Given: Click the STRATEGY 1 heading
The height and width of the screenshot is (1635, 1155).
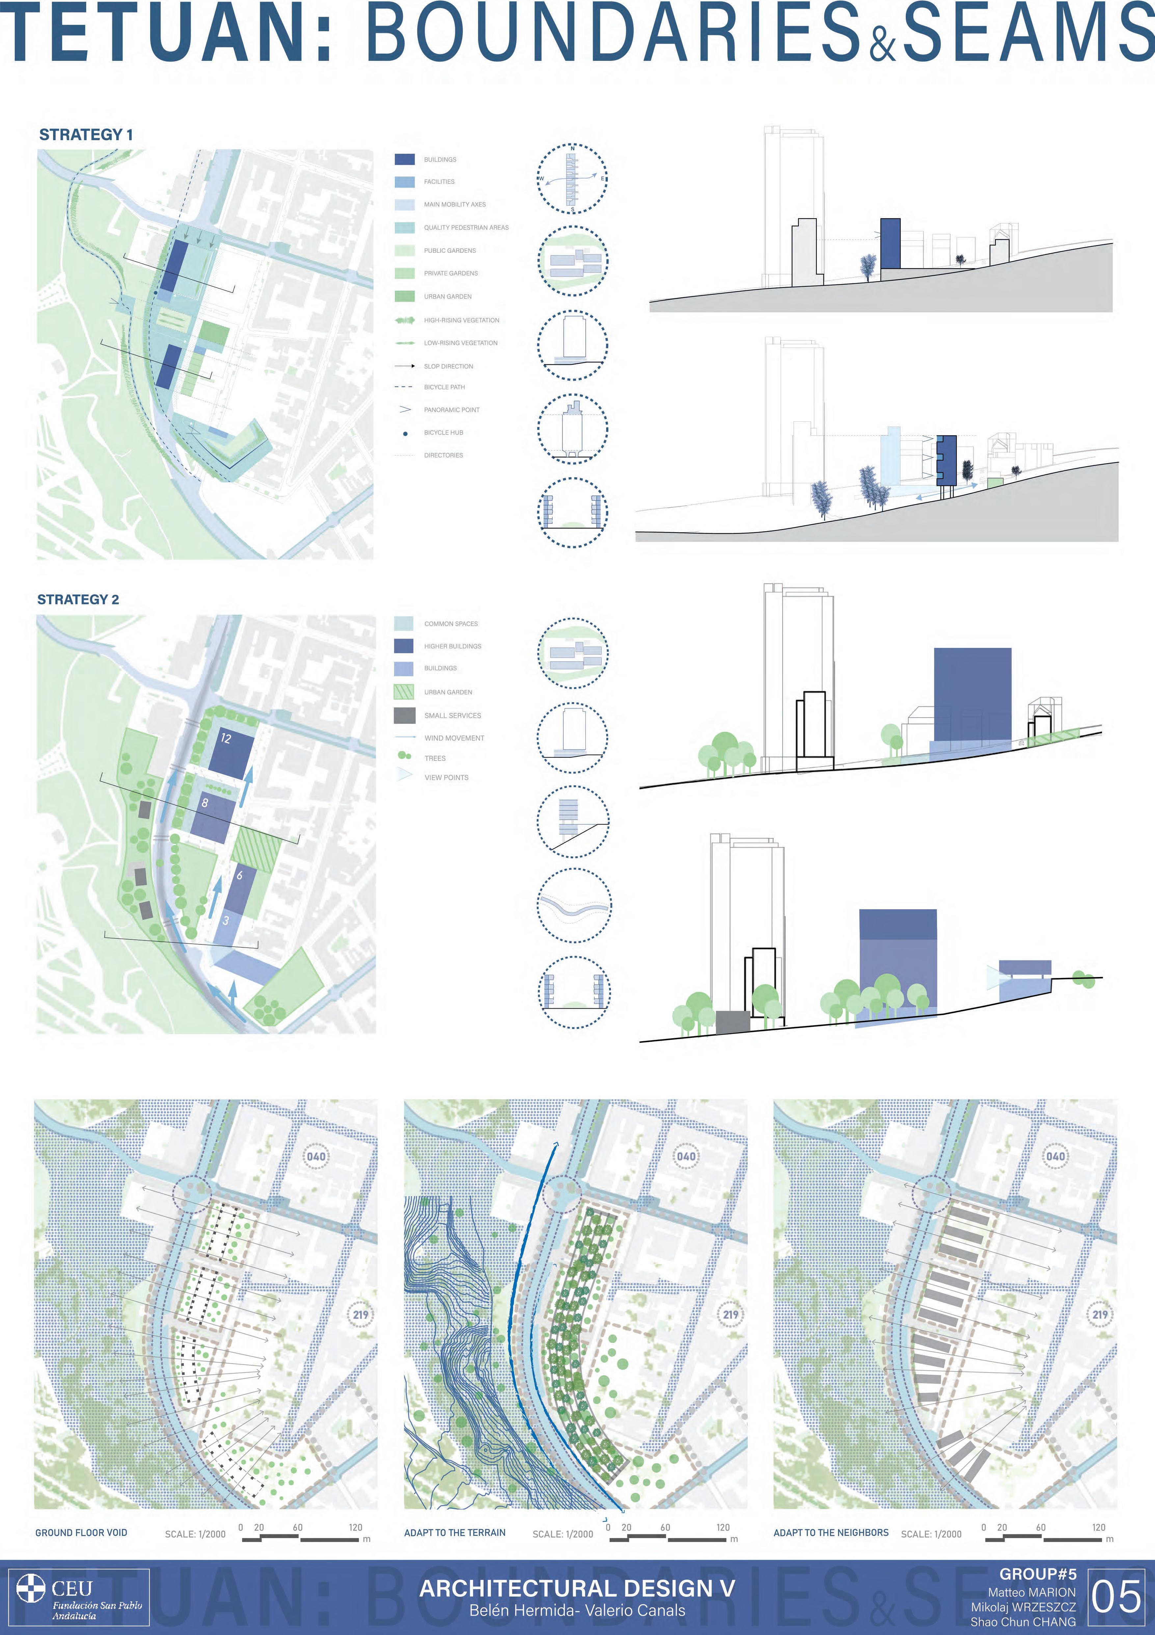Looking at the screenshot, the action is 86,135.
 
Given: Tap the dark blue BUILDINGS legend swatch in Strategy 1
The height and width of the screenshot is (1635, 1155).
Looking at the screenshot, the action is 404,160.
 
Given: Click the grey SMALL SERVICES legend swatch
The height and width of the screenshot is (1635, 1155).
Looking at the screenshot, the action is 404,715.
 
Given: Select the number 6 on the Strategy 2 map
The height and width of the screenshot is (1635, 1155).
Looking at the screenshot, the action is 239,875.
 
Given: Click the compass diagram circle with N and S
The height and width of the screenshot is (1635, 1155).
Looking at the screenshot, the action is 572,179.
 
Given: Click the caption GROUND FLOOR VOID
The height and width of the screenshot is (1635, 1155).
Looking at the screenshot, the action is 81,1532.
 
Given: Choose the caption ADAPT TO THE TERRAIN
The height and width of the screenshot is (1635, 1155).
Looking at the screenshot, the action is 454,1532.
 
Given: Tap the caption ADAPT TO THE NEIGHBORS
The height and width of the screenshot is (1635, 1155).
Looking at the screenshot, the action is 831,1532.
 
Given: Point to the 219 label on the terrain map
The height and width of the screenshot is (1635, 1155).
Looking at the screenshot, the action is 731,1315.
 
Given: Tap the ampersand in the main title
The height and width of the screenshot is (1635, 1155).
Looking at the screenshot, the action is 881,44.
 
